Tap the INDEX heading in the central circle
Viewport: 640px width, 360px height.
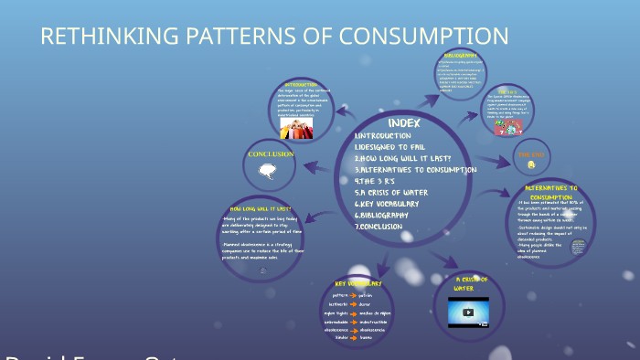403,122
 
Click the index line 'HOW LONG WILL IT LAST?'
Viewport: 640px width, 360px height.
403,158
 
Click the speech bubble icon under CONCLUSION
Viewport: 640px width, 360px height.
267,170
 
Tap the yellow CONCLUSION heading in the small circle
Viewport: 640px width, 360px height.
271,154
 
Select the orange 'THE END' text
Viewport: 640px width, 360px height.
531,154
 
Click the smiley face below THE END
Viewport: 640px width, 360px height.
530,164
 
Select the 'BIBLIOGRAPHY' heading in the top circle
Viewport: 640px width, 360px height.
461,56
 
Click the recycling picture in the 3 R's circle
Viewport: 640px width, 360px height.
507,129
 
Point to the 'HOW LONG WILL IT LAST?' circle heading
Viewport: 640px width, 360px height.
261,209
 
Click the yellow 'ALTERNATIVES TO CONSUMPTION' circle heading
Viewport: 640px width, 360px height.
550,192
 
